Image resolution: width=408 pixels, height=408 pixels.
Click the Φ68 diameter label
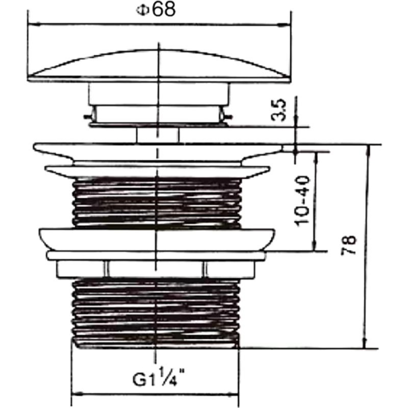(158, 10)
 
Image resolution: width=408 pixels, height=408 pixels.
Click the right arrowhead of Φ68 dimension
(286, 23)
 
